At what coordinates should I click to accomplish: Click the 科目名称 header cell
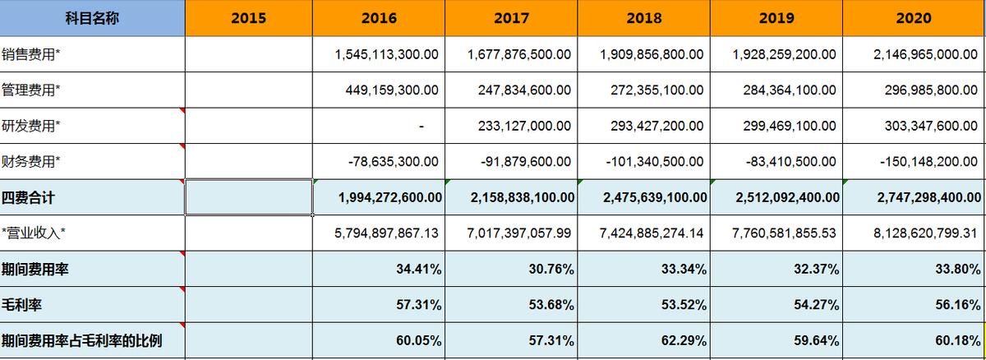coord(92,18)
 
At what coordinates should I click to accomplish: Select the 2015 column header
coord(248,18)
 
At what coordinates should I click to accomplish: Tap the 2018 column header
coord(643,18)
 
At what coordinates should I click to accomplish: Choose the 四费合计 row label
coord(29,198)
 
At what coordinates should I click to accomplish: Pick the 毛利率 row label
coord(22,305)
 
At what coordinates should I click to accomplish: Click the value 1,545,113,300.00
coord(387,54)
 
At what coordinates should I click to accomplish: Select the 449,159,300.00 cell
coord(392,90)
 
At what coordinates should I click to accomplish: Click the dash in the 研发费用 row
coord(421,127)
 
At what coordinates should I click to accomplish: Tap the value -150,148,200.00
coord(929,162)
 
